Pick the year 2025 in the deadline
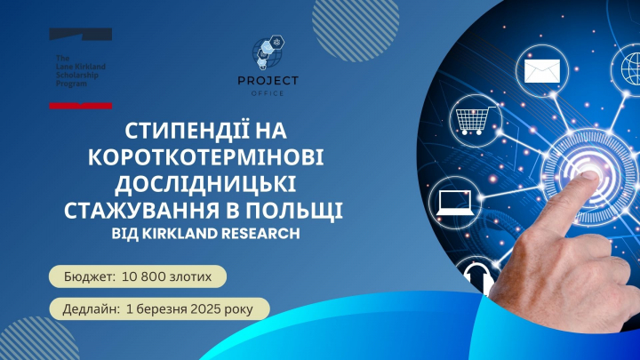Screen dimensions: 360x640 pyautogui.click(x=205, y=310)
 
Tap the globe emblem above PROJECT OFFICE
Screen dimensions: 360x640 pyautogui.click(x=274, y=52)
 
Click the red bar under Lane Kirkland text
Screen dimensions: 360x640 pyautogui.click(x=80, y=105)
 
